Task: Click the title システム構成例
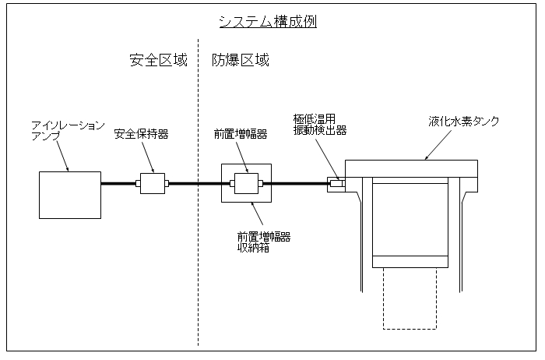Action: [267, 22]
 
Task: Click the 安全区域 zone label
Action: [158, 61]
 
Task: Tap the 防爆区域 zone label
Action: [241, 61]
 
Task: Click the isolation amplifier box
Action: [70, 195]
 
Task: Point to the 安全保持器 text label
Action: [141, 134]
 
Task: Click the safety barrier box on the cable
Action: [153, 184]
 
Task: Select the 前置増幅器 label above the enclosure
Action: [241, 134]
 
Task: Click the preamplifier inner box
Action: [247, 184]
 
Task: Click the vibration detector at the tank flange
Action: [336, 184]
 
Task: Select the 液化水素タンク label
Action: [464, 122]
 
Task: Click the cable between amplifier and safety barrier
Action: [118, 184]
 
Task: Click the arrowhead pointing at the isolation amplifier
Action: [69, 168]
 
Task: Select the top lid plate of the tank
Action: [411, 168]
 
